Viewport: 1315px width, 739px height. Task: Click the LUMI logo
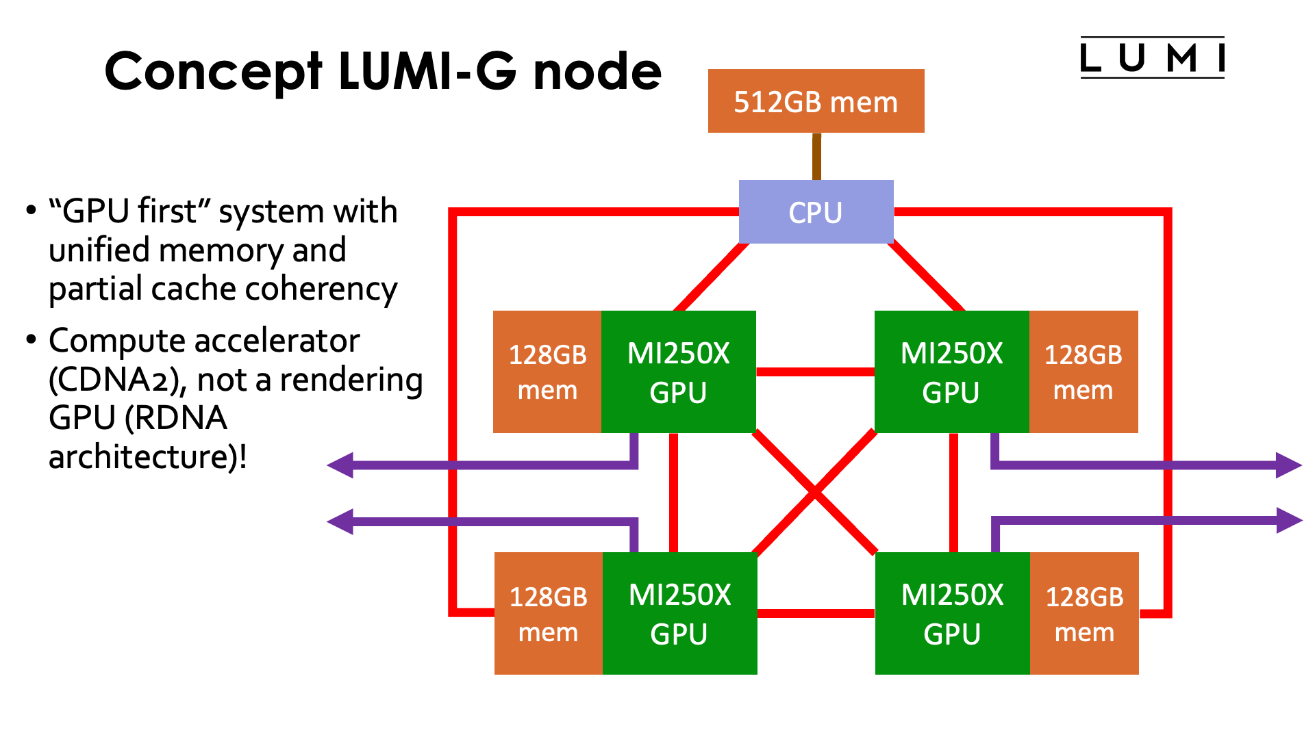pyautogui.click(x=1152, y=57)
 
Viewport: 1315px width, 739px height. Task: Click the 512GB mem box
pyautogui.click(x=816, y=101)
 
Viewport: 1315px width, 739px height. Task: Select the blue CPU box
pyautogui.click(x=816, y=212)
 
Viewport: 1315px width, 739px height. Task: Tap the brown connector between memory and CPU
pyautogui.click(x=816, y=157)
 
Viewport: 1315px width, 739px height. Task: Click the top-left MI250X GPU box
pyautogui.click(x=678, y=372)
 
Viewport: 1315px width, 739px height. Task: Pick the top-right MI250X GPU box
pyautogui.click(x=951, y=372)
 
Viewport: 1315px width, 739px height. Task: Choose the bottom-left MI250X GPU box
pyautogui.click(x=679, y=613)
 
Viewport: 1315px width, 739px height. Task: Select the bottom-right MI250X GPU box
pyautogui.click(x=952, y=613)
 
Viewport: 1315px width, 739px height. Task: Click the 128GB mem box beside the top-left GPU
pyautogui.click(x=547, y=372)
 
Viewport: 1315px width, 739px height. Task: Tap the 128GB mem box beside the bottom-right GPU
pyautogui.click(x=1084, y=613)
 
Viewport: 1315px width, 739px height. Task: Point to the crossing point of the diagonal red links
pyautogui.click(x=815, y=492)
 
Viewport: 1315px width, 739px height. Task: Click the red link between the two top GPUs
pyautogui.click(x=815, y=372)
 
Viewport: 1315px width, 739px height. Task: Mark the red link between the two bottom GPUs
pyautogui.click(x=816, y=613)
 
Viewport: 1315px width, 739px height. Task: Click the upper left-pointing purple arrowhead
pyautogui.click(x=341, y=465)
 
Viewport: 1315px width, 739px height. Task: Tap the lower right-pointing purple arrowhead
pyautogui.click(x=1288, y=520)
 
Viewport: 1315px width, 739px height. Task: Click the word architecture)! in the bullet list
pyautogui.click(x=147, y=456)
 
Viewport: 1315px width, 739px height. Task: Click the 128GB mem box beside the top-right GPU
pyautogui.click(x=1084, y=372)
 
